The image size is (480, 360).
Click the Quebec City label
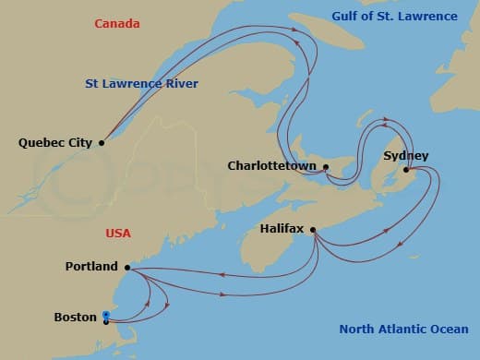(54, 143)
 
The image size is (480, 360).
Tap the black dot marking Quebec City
(102, 143)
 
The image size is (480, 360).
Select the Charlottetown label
(272, 167)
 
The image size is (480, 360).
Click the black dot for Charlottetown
(326, 167)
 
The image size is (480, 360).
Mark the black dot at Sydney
(409, 168)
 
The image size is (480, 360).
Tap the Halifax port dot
(314, 230)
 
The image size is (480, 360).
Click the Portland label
(91, 267)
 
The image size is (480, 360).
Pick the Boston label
(76, 318)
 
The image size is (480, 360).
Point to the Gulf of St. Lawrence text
(394, 16)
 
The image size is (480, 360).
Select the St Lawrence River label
(142, 84)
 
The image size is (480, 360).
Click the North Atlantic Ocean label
(403, 330)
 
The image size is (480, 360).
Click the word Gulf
(348, 16)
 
